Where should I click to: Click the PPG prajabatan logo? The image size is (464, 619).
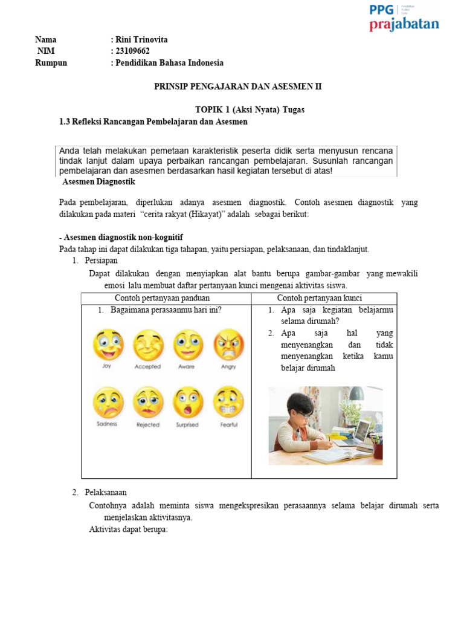pyautogui.click(x=404, y=17)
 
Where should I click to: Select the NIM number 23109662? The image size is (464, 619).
pyautogui.click(x=133, y=51)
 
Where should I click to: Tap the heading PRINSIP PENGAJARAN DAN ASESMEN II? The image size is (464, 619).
pyautogui.click(x=238, y=86)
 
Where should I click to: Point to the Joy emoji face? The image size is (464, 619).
pyautogui.click(x=108, y=345)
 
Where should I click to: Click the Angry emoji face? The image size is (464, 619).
pyautogui.click(x=229, y=345)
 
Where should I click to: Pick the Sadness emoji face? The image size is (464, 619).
pyautogui.click(x=108, y=403)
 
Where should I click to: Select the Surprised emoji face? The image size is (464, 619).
pyautogui.click(x=187, y=403)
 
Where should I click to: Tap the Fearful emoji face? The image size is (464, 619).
pyautogui.click(x=229, y=403)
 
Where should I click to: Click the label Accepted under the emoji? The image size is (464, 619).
pyautogui.click(x=147, y=367)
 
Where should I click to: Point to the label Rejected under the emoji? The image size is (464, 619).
pyautogui.click(x=147, y=425)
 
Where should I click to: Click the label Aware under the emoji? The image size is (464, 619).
pyautogui.click(x=187, y=367)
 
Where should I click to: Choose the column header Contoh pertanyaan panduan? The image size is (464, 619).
pyautogui.click(x=166, y=299)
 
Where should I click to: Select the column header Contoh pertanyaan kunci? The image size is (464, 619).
pyautogui.click(x=324, y=299)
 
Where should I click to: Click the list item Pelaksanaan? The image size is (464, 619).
pyautogui.click(x=106, y=493)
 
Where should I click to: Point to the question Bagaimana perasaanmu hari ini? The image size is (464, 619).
pyautogui.click(x=166, y=311)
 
